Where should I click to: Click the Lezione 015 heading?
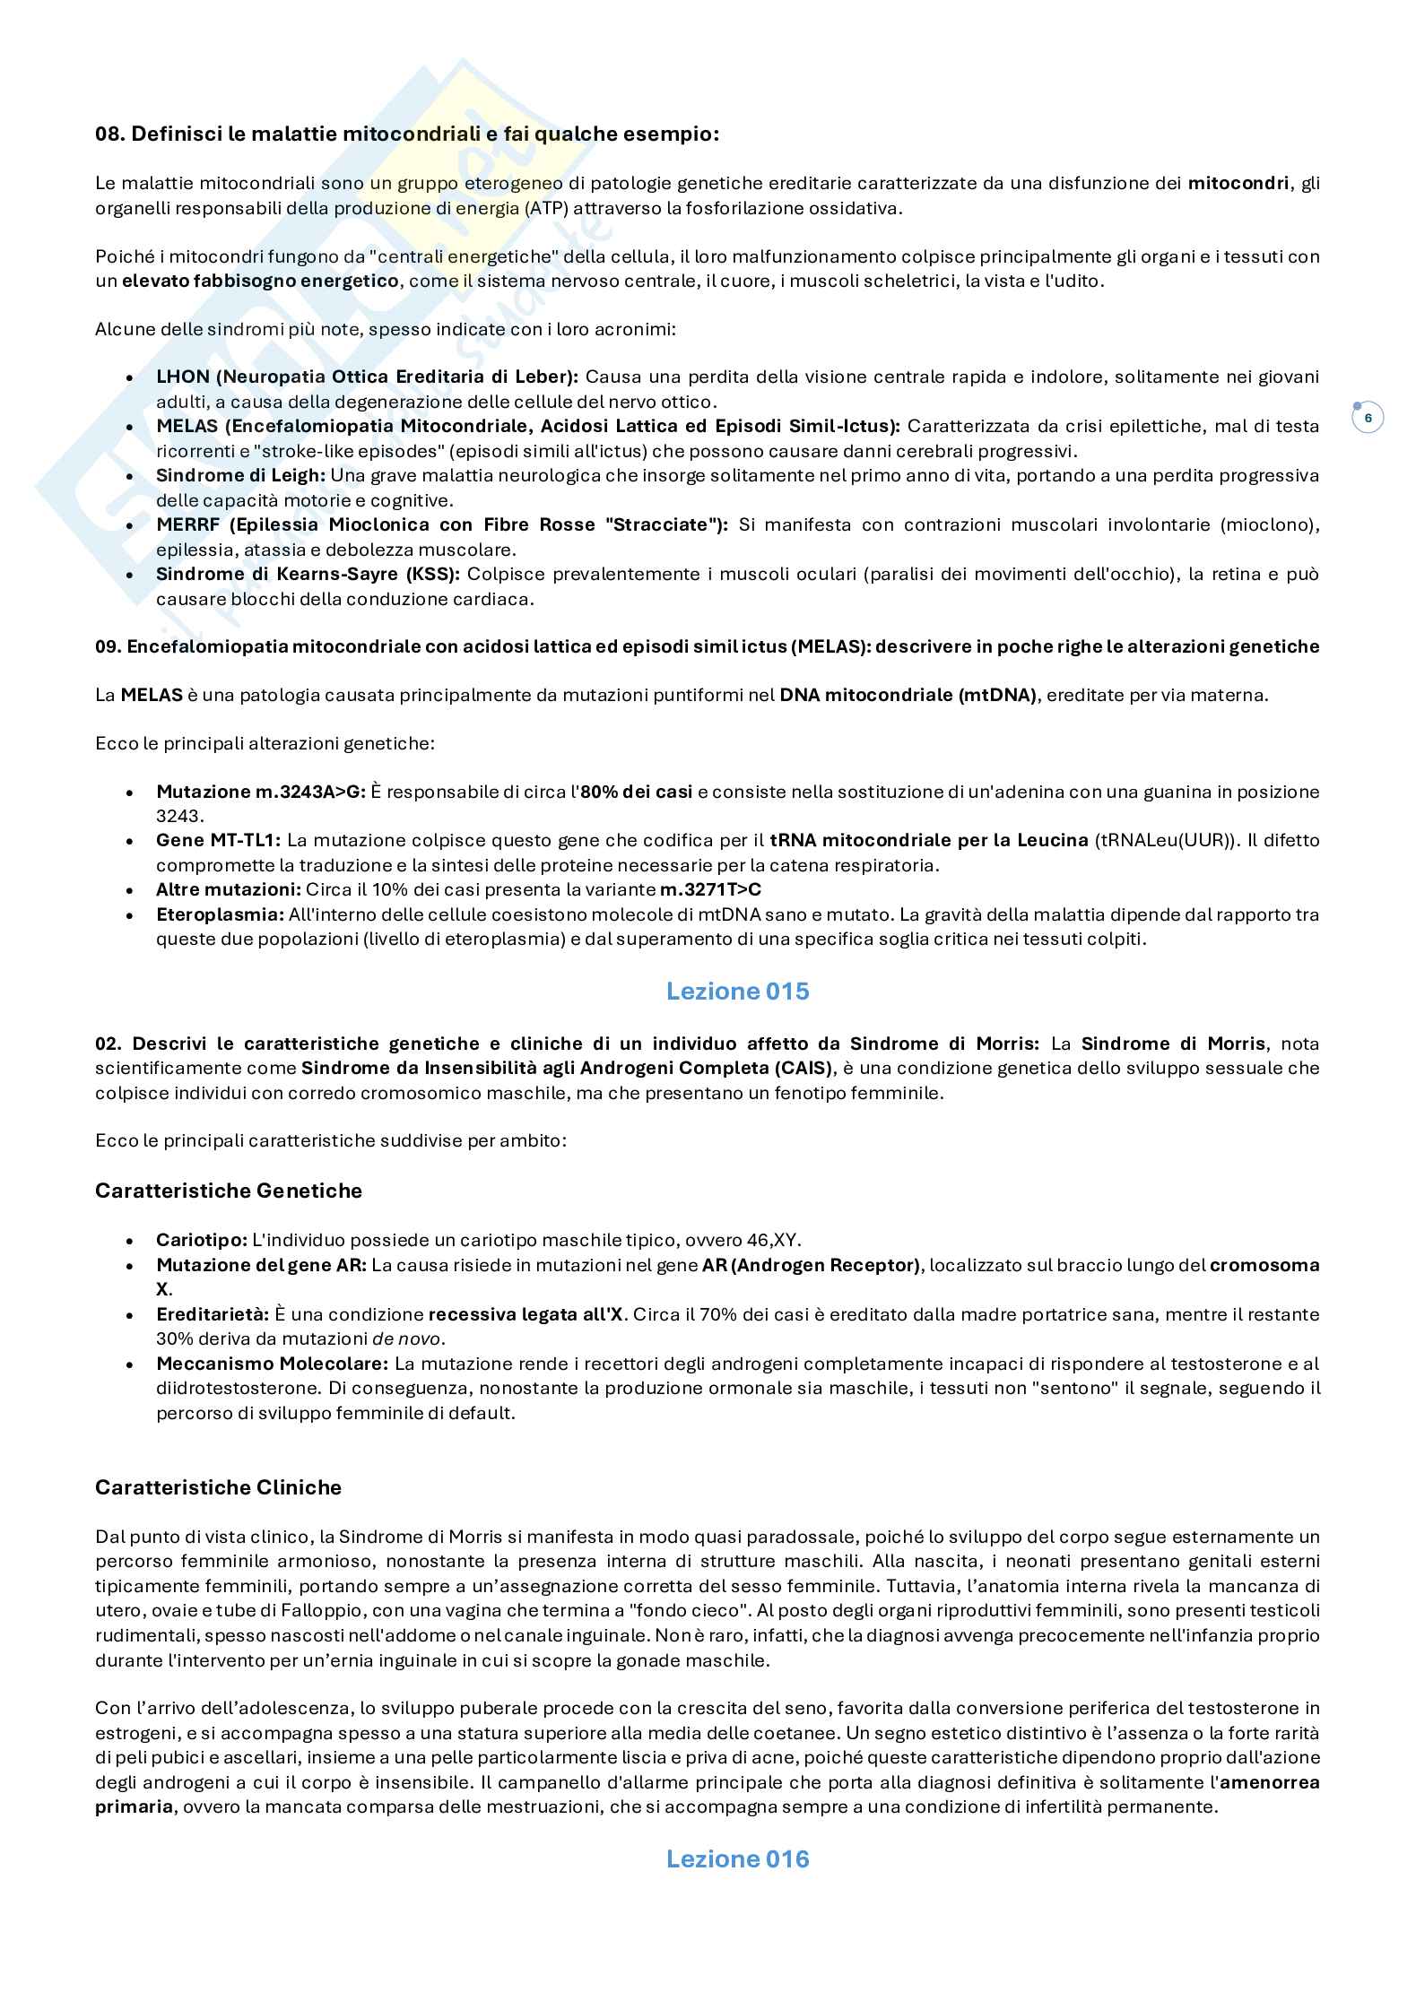click(737, 991)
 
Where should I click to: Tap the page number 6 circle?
click(1368, 418)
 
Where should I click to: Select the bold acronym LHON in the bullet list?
click(182, 377)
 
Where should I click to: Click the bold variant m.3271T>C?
click(710, 889)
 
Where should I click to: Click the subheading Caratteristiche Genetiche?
click(229, 1191)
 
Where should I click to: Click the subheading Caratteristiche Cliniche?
click(218, 1487)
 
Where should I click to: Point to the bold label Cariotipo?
click(201, 1240)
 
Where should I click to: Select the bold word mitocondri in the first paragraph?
click(1238, 184)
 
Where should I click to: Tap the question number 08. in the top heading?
click(110, 134)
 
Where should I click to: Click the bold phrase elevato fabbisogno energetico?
click(260, 281)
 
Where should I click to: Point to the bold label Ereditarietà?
click(212, 1314)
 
